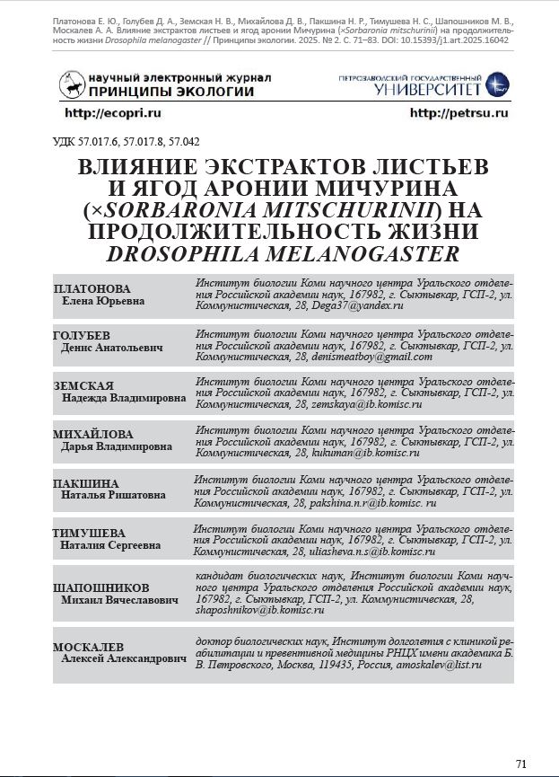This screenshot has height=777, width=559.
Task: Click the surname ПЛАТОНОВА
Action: (92, 289)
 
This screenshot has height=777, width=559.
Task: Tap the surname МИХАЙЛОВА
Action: (93, 435)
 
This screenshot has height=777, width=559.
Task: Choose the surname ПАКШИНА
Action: (86, 483)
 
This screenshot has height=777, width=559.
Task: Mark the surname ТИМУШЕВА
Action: (89, 533)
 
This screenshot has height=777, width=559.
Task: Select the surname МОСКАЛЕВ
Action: (88, 647)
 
